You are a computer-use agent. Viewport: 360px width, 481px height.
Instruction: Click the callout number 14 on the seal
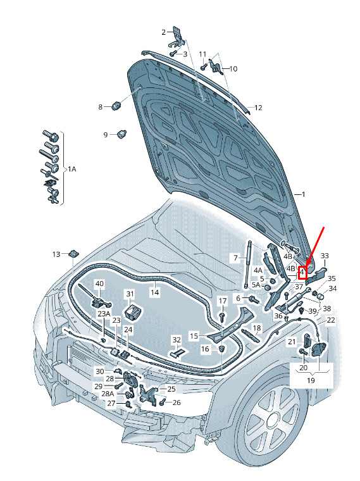pyautogui.click(x=155, y=292)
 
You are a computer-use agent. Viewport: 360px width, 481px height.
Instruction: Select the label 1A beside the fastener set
pyautogui.click(x=71, y=169)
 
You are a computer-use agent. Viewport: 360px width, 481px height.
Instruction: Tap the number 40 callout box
pyautogui.click(x=100, y=284)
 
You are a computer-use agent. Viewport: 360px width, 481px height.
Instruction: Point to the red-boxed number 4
pyautogui.click(x=302, y=272)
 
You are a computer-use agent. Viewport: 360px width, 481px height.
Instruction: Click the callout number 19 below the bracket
pyautogui.click(x=311, y=380)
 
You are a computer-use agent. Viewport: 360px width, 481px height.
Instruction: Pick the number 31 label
pyautogui.click(x=130, y=294)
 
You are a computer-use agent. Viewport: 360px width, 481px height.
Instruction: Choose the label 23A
pyautogui.click(x=104, y=313)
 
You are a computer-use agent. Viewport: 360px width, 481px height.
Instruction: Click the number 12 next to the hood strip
pyautogui.click(x=258, y=108)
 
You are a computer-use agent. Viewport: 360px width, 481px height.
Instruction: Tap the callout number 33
pyautogui.click(x=325, y=256)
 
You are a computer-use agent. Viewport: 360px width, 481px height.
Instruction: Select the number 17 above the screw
pyautogui.click(x=223, y=301)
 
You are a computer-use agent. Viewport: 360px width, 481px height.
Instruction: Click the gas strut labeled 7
pyautogui.click(x=247, y=264)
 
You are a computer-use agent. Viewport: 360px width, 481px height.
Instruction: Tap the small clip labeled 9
pyautogui.click(x=123, y=134)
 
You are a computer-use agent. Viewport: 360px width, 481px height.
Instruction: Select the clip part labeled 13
pyautogui.click(x=74, y=254)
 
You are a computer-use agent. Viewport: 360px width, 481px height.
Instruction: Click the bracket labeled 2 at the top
pyautogui.click(x=176, y=37)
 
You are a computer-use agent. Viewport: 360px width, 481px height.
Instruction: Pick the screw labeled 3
pyautogui.click(x=172, y=53)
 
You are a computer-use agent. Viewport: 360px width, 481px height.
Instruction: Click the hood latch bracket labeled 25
pyautogui.click(x=147, y=394)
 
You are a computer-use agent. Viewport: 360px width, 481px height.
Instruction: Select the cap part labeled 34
pyautogui.click(x=320, y=297)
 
